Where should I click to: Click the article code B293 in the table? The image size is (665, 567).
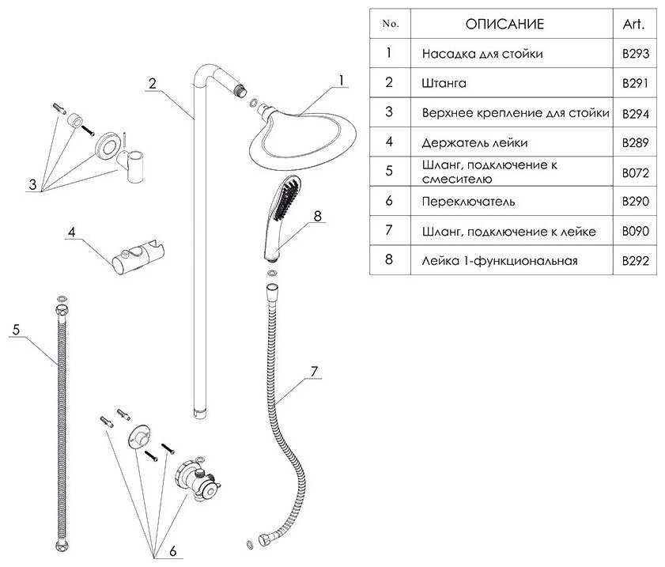tap(635, 55)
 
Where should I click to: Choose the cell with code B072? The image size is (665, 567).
tap(635, 172)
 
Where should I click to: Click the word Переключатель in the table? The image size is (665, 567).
tap(469, 202)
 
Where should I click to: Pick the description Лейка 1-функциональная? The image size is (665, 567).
tap(501, 260)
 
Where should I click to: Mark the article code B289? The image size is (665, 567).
tap(635, 142)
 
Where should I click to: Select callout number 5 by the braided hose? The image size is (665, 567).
tap(15, 330)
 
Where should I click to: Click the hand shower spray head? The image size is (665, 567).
tap(284, 202)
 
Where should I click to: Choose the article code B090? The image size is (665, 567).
tap(635, 231)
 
